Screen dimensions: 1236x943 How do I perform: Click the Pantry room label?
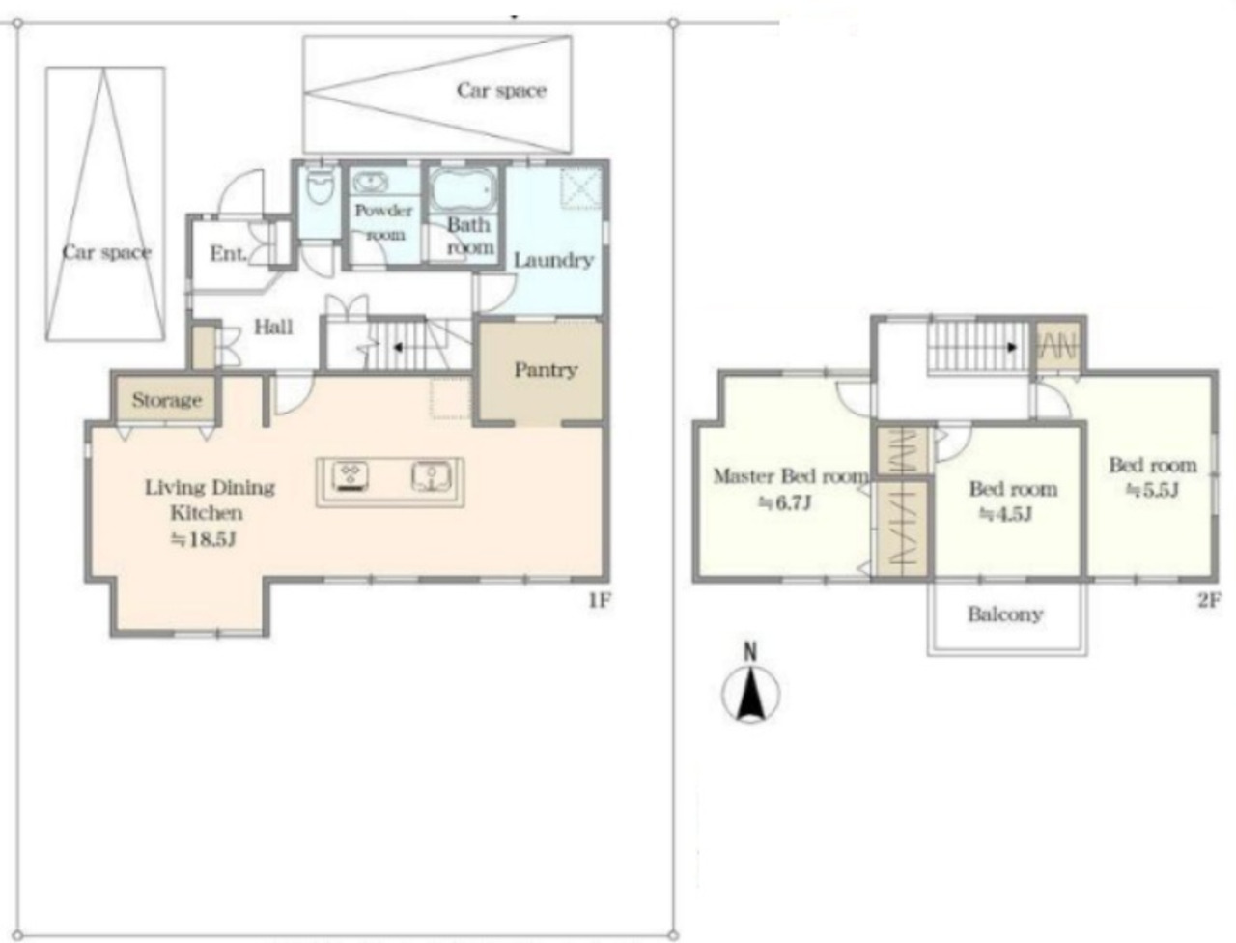pyautogui.click(x=546, y=370)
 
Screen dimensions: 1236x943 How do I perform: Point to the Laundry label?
pyautogui.click(x=553, y=260)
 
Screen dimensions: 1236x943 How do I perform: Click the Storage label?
pyautogui.click(x=167, y=400)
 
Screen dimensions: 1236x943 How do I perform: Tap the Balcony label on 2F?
pyautogui.click(x=1005, y=614)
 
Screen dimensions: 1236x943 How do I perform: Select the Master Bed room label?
pyautogui.click(x=791, y=476)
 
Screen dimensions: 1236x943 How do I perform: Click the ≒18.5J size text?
pyautogui.click(x=203, y=540)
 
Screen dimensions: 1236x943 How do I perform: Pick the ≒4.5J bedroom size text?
pyautogui.click(x=1005, y=514)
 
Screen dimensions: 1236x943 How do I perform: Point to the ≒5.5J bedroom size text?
pyautogui.click(x=1152, y=490)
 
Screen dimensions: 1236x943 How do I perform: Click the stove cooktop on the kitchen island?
pyautogui.click(x=351, y=477)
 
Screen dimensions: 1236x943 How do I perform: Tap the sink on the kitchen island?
pyautogui.click(x=430, y=476)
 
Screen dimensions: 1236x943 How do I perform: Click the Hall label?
pyautogui.click(x=273, y=327)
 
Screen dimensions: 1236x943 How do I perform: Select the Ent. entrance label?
pyautogui.click(x=228, y=253)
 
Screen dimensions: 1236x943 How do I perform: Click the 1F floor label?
pyautogui.click(x=599, y=601)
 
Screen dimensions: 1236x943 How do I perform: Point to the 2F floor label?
pyautogui.click(x=1208, y=601)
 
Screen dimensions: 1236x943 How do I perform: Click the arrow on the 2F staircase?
pyautogui.click(x=1011, y=347)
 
